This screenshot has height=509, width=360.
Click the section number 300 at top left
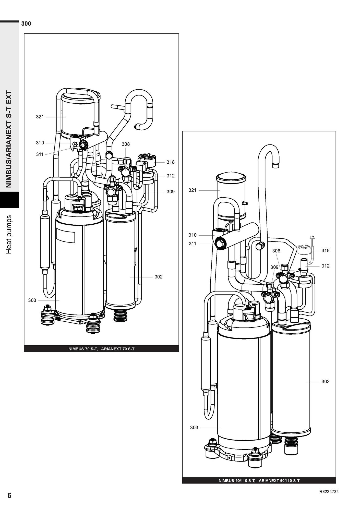(26, 24)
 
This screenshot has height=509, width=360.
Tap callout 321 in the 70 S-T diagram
(40, 117)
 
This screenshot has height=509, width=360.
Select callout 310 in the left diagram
(40, 143)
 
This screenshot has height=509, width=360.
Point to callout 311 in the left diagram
(40, 154)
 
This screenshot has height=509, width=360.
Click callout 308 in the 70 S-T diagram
(126, 144)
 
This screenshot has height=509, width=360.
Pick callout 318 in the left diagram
(171, 162)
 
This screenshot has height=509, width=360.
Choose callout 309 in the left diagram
(171, 191)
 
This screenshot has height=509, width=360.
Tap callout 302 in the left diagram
(158, 277)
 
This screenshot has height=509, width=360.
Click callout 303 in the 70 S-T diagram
(32, 300)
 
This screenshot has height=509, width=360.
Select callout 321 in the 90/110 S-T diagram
(193, 190)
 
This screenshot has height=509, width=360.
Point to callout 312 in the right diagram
(325, 266)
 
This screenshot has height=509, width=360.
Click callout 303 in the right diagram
(194, 427)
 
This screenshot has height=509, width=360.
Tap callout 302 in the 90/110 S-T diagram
(325, 381)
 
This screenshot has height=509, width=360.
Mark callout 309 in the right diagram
(274, 267)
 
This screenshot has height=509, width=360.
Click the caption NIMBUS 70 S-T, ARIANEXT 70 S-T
(101, 349)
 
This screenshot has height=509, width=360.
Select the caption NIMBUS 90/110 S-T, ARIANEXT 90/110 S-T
(259, 481)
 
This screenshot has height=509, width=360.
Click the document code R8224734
(329, 492)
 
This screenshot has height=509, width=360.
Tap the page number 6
(9, 495)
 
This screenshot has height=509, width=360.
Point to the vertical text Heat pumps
(9, 235)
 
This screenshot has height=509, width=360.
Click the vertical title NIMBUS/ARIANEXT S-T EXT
(9, 139)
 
